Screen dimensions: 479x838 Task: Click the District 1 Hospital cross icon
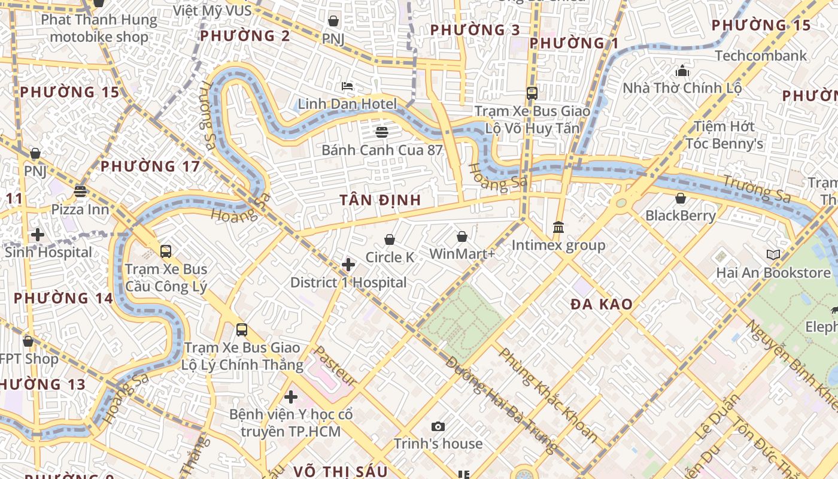[348, 265]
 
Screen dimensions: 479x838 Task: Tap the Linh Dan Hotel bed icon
[347, 87]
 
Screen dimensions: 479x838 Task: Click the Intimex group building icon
[558, 228]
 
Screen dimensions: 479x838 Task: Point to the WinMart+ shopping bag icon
[462, 237]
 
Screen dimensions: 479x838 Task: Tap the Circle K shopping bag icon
[390, 240]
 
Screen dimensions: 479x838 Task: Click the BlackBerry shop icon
[681, 198]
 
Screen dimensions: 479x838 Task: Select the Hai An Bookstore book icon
[773, 255]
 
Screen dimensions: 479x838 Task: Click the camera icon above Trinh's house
[438, 426]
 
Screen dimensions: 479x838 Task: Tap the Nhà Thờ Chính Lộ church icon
[682, 71]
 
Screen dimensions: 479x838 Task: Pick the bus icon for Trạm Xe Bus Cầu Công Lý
[166, 251]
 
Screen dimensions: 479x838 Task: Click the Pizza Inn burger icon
[80, 192]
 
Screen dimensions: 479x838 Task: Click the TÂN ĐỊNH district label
[381, 200]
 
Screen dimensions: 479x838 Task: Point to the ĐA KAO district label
[601, 304]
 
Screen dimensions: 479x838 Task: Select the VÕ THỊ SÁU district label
[341, 471]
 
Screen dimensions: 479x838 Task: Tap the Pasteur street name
[335, 365]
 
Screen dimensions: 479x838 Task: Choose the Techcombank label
[761, 56]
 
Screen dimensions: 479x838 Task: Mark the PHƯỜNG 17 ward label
[150, 166]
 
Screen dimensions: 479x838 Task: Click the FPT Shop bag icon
[28, 341]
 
